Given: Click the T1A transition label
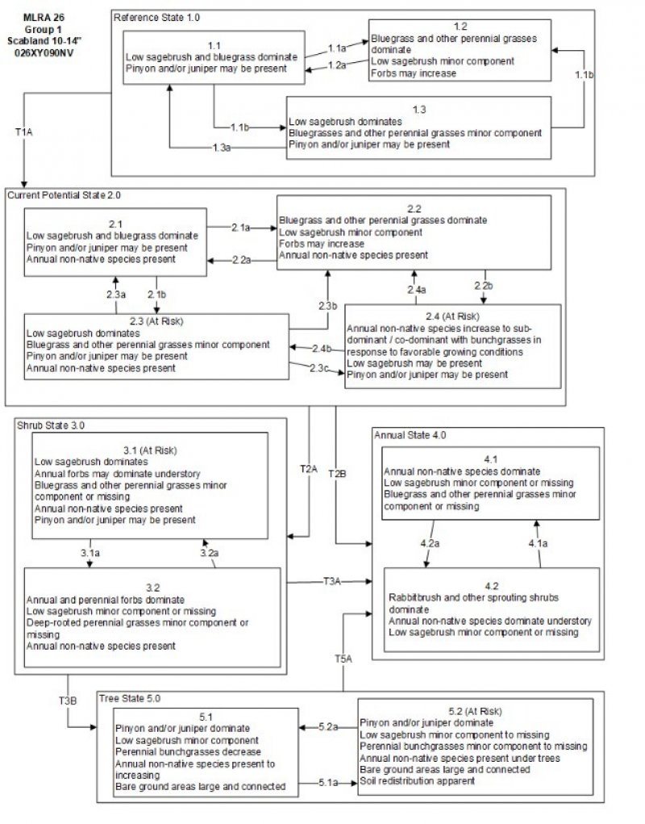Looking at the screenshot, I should (24, 131).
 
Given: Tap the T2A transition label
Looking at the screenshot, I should (309, 468).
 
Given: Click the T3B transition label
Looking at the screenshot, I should (68, 701).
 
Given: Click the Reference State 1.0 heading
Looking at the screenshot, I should (157, 17).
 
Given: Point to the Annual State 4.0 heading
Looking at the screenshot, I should (410, 435).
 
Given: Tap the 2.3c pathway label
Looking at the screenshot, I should (320, 368).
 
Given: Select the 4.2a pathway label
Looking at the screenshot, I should (430, 544).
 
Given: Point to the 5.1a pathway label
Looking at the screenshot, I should (328, 783).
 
